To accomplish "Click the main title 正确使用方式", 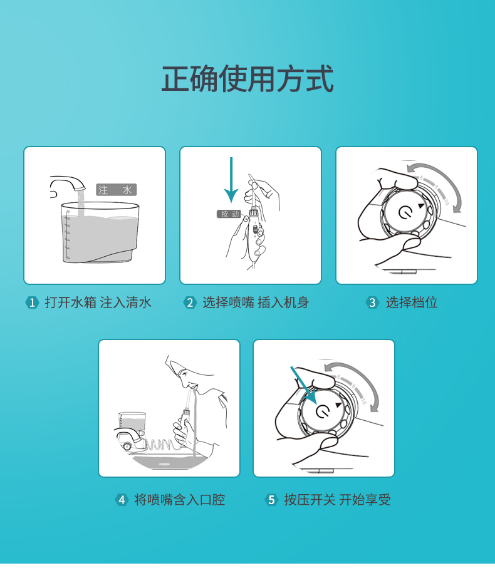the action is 247,79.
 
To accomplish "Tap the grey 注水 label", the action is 117,190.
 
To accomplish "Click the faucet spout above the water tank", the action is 68,183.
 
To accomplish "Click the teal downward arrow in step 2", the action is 231,180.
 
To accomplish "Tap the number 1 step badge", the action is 32,302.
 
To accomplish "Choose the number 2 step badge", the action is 190,302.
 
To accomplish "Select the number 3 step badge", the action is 372,302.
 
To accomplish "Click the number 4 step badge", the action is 122,500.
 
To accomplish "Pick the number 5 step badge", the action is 271,500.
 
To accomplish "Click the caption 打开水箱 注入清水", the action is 98,302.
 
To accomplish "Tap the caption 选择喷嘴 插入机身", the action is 256,302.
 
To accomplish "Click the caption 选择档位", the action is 412,302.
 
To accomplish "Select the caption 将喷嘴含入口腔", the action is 180,500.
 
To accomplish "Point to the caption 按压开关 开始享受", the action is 337,500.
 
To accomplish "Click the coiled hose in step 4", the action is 161,444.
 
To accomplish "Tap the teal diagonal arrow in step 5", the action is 304,385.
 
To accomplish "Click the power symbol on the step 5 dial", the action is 323,411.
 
